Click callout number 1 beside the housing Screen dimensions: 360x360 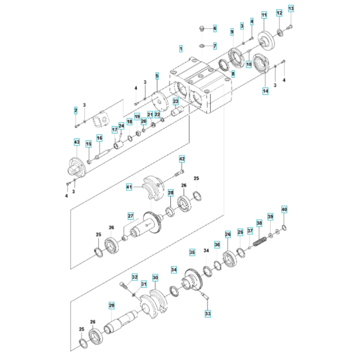click(x=181, y=49)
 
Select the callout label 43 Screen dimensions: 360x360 click(x=76, y=141)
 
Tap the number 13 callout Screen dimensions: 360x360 click(x=290, y=8)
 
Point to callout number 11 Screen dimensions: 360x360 click(x=264, y=14)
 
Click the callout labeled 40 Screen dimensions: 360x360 click(x=285, y=210)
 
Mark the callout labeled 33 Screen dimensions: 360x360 click(x=207, y=314)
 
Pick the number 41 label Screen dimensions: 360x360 click(x=129, y=187)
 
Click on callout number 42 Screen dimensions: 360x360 click(x=182, y=159)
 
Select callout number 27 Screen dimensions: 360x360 click(x=129, y=216)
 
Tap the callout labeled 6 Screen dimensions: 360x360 click(x=215, y=29)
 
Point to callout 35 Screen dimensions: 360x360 click(x=192, y=251)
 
